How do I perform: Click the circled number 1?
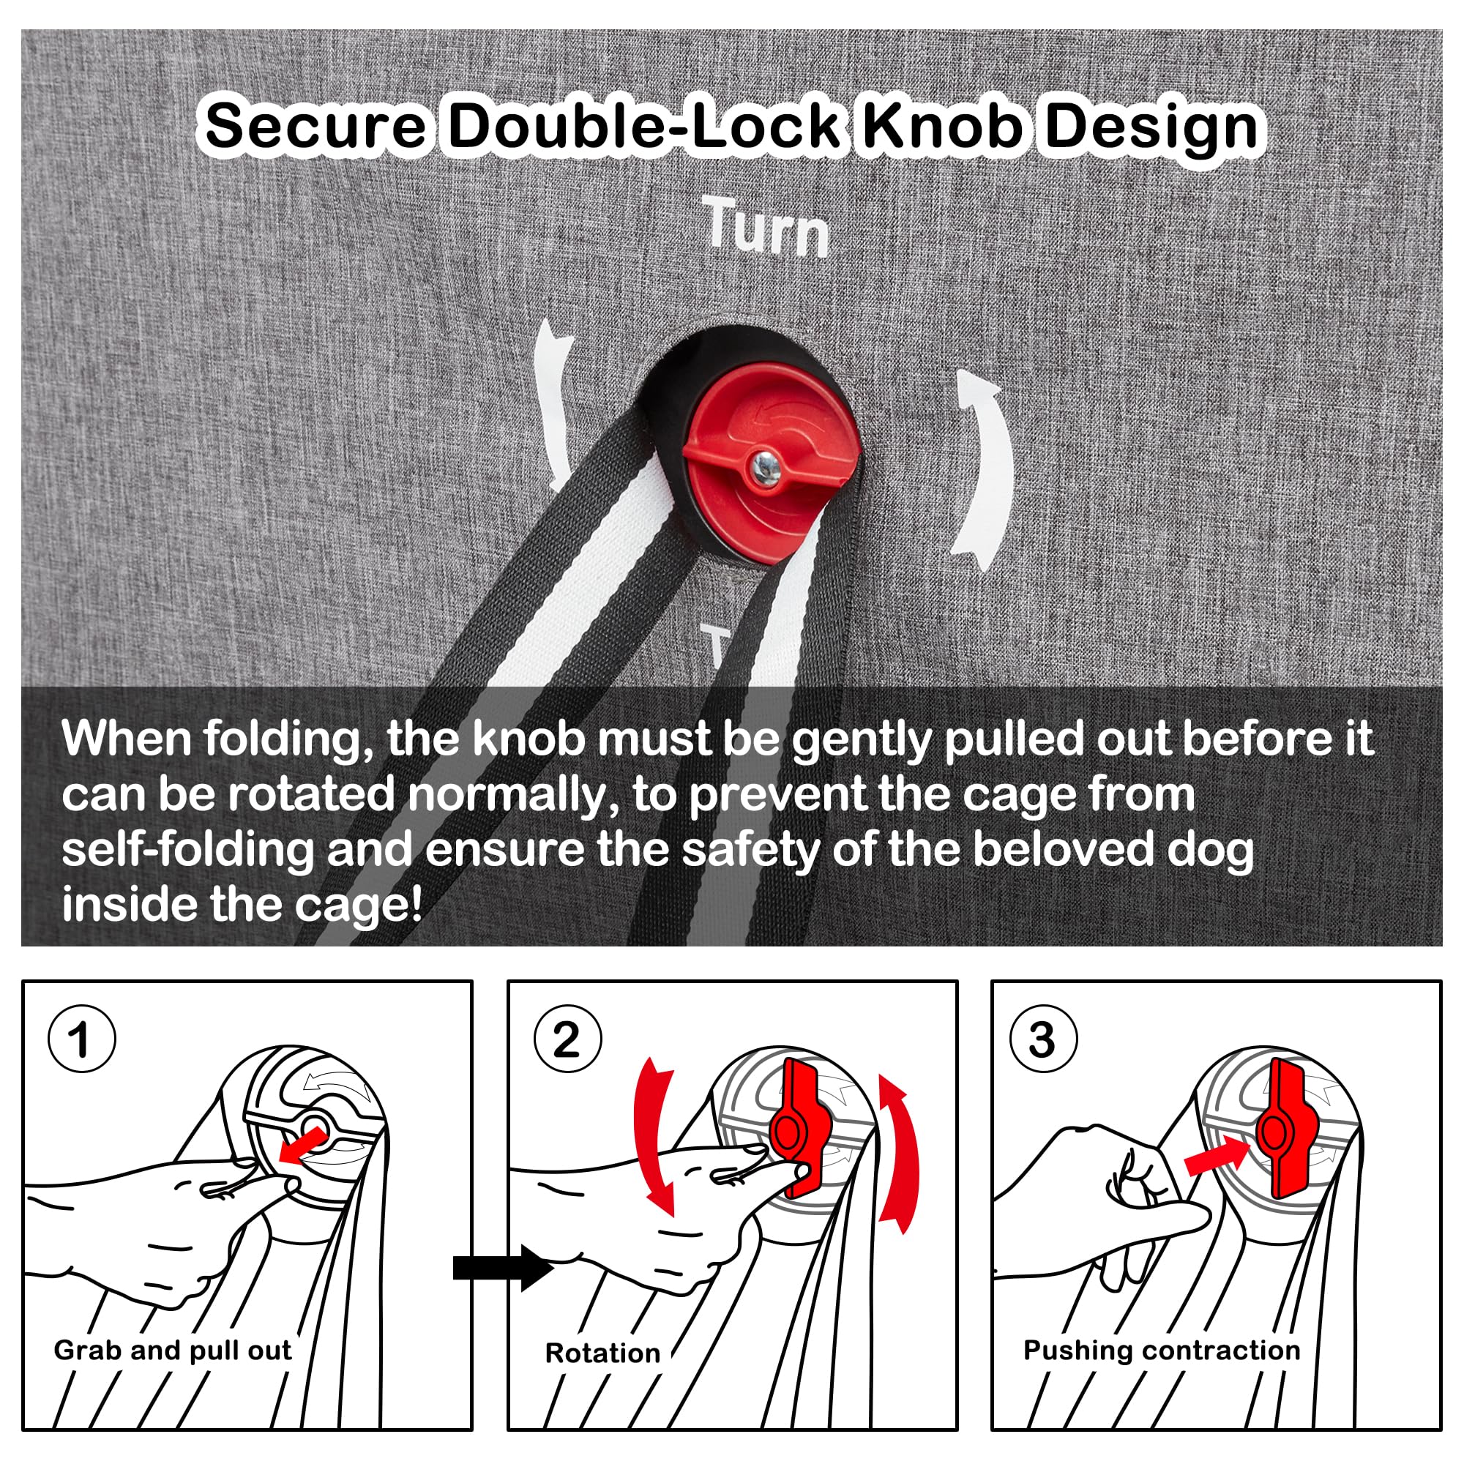(x=82, y=1039)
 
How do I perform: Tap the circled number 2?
(x=567, y=1039)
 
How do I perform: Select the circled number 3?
(x=1043, y=1039)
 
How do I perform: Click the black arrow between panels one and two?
(x=503, y=1267)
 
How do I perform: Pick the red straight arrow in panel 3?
(x=1215, y=1157)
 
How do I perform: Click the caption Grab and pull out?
(x=173, y=1351)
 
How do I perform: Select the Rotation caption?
(x=602, y=1353)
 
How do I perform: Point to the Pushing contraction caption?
(x=1162, y=1351)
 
